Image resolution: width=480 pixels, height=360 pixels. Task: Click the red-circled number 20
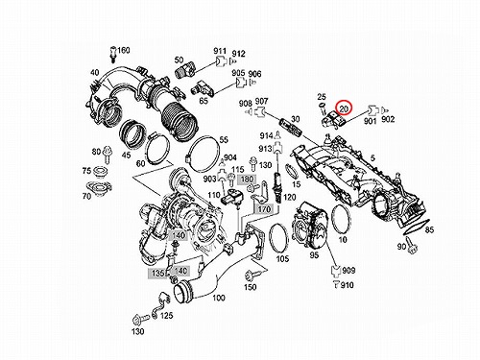coord(344,109)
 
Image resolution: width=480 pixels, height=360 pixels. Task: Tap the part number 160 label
coord(124,50)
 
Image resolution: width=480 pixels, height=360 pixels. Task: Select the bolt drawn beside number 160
coord(112,54)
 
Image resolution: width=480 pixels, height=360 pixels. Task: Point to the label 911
coord(220,51)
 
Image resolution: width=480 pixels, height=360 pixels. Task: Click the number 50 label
coord(179,60)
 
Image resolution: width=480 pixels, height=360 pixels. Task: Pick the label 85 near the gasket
coord(429,229)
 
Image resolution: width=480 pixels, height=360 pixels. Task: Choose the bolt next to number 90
coord(412,247)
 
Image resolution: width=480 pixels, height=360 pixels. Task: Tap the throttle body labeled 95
coord(311,227)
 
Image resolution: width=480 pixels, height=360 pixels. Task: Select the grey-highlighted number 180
coord(247,180)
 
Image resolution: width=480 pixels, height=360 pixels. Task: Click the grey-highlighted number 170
coord(264,209)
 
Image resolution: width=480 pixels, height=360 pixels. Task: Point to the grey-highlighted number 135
coord(157,273)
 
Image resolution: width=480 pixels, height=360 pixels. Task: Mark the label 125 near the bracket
coord(166,316)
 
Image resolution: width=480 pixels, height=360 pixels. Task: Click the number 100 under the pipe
coord(219,298)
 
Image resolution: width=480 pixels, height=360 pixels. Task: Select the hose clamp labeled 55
coord(204,153)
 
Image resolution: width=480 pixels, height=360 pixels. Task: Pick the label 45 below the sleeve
coord(127,155)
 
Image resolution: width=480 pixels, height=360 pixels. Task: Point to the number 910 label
coord(348,284)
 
